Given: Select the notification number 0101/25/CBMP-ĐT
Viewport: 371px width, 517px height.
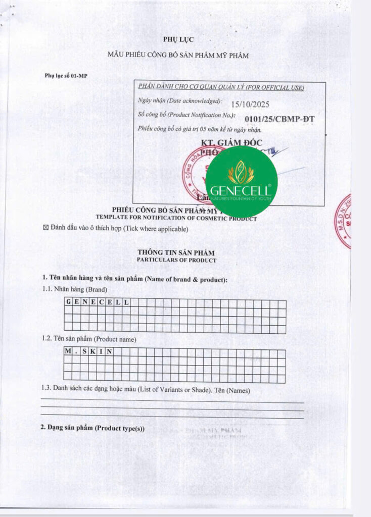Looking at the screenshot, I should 279,119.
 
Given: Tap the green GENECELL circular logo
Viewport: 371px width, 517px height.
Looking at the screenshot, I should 241,182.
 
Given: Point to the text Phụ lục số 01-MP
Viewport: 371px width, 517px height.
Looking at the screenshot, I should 66,76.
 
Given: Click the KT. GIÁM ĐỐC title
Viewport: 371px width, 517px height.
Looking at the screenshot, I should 231,143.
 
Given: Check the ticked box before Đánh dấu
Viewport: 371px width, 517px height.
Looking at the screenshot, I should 46,229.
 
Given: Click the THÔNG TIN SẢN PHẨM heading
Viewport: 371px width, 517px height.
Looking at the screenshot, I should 176,252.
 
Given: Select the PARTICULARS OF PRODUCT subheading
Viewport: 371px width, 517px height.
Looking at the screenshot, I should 176,261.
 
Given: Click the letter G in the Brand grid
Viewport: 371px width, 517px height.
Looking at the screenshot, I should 68,302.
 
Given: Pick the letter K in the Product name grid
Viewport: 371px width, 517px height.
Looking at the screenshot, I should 93,351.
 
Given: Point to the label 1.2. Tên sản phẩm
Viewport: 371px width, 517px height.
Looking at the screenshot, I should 89,339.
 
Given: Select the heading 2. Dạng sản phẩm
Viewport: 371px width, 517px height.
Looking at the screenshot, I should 92,428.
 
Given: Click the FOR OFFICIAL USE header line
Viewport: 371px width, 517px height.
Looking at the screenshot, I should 221,88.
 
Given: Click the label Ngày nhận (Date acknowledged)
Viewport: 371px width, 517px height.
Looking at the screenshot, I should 180,101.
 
